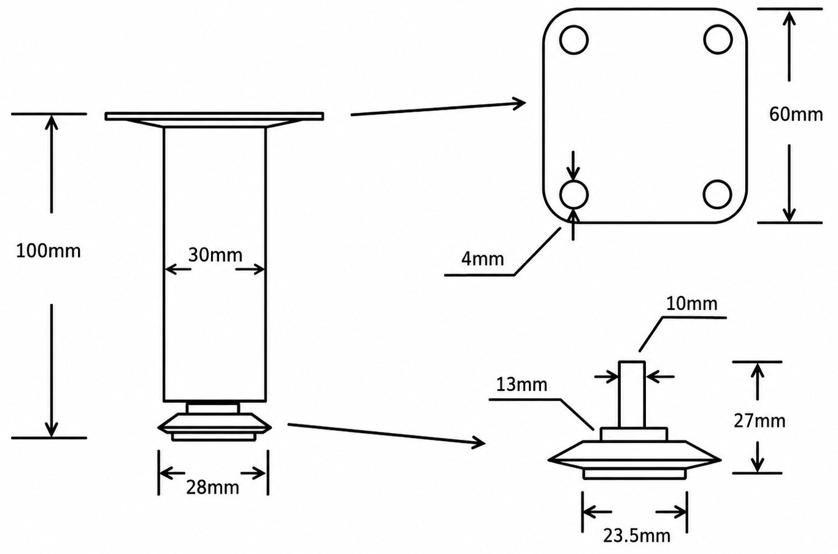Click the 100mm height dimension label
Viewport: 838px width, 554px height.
coord(48,251)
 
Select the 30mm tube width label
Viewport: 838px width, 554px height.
coord(215,255)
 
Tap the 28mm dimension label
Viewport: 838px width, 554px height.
coord(212,487)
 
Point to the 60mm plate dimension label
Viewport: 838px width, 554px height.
coord(796,114)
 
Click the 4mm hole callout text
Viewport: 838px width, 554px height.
coord(482,259)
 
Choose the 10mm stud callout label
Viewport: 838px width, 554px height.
coord(692,304)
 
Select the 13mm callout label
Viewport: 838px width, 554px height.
coord(521,384)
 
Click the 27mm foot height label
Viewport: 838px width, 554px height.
coord(759,421)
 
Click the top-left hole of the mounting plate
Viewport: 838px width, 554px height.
coord(574,39)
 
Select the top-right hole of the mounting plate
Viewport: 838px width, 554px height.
coord(717,39)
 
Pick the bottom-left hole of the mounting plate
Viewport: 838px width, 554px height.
coord(574,195)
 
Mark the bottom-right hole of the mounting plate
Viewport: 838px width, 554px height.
coord(717,194)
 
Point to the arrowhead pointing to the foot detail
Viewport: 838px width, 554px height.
coord(479,443)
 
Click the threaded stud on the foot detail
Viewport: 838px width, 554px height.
coord(631,394)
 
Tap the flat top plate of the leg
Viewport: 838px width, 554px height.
coord(214,117)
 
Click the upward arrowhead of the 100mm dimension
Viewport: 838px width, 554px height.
coord(51,122)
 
